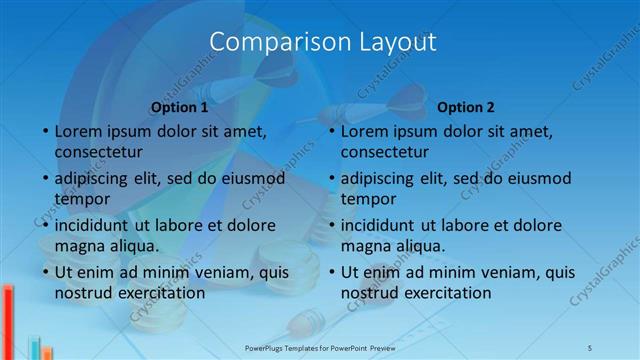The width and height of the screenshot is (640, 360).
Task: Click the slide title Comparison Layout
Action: coord(323,42)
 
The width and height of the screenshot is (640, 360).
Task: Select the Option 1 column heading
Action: coord(180,107)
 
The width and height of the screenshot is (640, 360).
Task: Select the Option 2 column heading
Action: coord(466,107)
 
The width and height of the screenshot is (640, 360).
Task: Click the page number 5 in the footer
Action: coord(590,346)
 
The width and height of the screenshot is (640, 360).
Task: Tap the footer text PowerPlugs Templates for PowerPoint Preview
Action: coord(320,346)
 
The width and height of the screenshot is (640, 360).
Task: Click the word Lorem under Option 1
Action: coord(78,131)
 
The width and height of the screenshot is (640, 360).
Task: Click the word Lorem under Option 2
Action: coord(364,131)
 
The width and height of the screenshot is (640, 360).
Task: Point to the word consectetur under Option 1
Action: coord(98,152)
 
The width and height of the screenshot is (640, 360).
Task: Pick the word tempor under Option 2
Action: coord(368,198)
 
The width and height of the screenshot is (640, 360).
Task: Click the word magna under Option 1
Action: coord(79,245)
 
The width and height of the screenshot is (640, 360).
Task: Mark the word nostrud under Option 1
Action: coord(83,293)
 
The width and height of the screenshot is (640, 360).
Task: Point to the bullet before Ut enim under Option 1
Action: coord(46,272)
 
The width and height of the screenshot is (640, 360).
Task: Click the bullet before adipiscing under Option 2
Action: coord(332,179)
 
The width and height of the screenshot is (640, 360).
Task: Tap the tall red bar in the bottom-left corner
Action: coord(8,320)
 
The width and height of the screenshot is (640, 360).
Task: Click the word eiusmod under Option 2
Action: coord(539,178)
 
